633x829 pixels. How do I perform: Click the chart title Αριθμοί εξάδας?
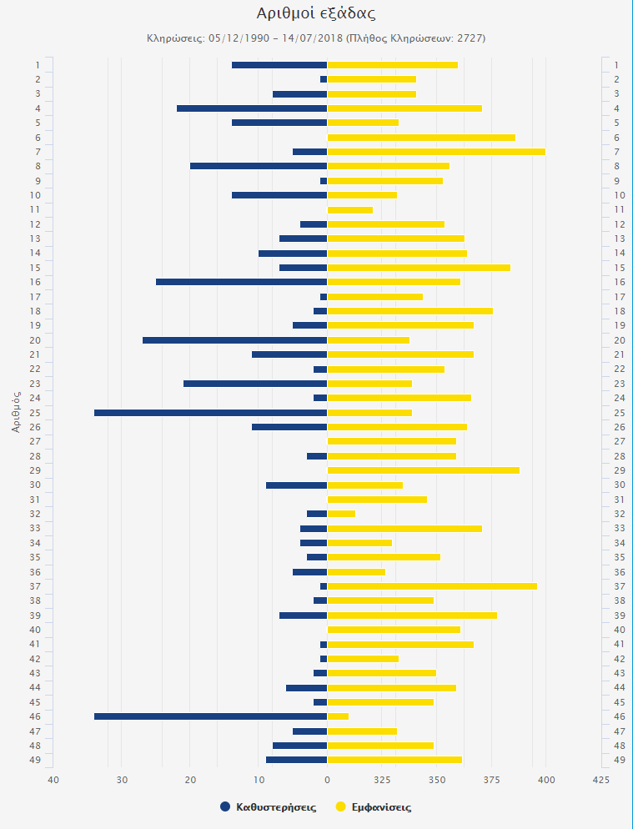click(315, 13)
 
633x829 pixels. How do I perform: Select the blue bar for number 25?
click(210, 413)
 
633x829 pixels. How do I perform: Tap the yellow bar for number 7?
click(436, 152)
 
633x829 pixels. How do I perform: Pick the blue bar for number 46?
click(210, 716)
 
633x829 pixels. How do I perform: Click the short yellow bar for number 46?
click(338, 716)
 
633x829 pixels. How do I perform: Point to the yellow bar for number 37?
click(432, 586)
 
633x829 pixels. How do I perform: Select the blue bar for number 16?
click(241, 282)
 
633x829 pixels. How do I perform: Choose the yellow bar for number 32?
click(341, 514)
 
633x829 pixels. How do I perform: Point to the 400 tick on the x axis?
click(545, 780)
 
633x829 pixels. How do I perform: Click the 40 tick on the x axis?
click(53, 780)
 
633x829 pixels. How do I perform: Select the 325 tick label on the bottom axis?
click(383, 780)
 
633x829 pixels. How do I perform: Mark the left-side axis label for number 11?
click(37, 209)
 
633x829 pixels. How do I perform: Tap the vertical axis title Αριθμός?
click(17, 412)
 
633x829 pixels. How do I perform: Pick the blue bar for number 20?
click(234, 340)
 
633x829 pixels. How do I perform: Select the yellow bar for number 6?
click(421, 138)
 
